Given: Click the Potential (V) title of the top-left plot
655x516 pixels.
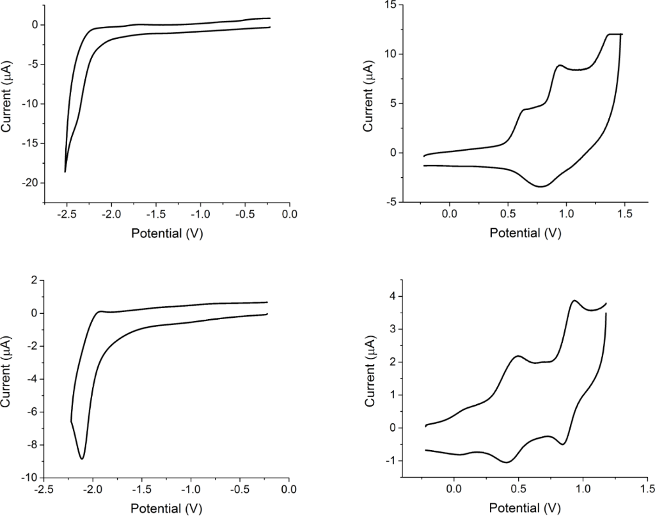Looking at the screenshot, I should tap(167, 233).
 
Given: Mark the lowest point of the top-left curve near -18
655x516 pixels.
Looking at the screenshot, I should tap(65, 171).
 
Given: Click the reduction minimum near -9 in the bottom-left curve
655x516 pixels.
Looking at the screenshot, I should tap(82, 458).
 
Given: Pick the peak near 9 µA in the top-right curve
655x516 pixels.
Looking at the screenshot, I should tap(560, 65).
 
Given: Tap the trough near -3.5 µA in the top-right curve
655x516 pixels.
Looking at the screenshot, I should tap(541, 187).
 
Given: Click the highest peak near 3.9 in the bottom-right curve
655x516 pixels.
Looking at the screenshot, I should tap(574, 301).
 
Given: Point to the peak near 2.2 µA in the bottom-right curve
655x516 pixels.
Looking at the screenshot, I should tap(517, 356).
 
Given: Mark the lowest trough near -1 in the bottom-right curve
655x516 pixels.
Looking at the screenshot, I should tap(507, 462).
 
